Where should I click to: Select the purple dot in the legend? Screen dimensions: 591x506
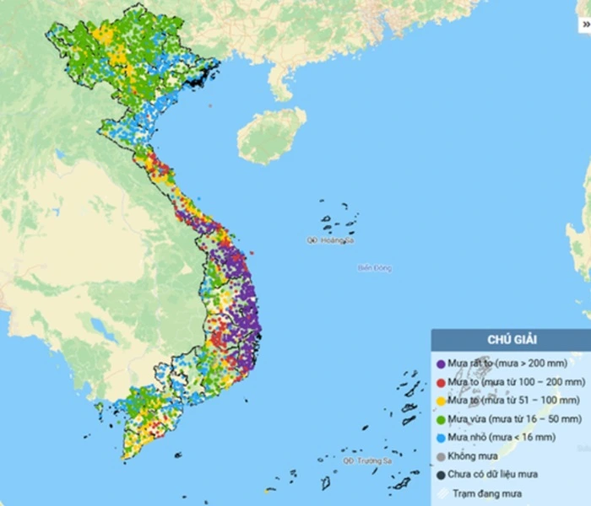coord(441,363)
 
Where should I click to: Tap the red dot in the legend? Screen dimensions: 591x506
coord(441,382)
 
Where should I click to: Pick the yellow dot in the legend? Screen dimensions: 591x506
coord(441,401)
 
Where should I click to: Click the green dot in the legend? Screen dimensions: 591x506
coord(441,419)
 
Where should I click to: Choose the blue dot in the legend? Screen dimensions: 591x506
coord(441,438)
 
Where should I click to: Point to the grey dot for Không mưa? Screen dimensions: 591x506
coord(441,457)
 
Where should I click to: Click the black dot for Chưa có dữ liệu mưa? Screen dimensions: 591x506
coord(441,475)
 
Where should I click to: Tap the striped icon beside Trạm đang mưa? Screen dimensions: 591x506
coord(441,493)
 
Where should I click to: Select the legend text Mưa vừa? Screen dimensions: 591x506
coord(467,419)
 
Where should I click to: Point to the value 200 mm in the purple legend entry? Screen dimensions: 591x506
coord(557,363)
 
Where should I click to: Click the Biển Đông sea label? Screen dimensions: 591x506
coord(375,268)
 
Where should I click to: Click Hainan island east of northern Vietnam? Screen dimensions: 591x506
coord(270,135)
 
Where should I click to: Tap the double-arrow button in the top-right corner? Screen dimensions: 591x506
coord(585,24)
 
